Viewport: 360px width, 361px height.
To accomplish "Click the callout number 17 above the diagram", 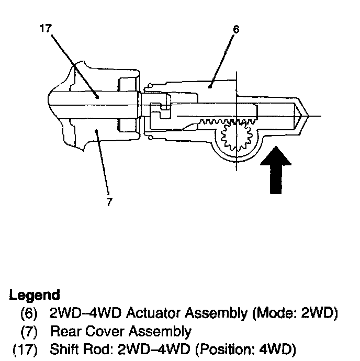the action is tap(46, 28).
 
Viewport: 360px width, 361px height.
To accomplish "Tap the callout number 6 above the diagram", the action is tap(236, 29).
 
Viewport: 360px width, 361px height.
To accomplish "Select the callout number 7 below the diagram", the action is tap(109, 201).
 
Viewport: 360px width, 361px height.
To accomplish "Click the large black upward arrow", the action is tap(276, 170).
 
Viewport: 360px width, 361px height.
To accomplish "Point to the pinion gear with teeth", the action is tap(237, 137).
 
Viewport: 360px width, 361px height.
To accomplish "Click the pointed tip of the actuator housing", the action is tap(308, 116).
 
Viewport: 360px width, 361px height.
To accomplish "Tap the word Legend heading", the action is tap(35, 295).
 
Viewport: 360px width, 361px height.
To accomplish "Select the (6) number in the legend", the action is tap(29, 313).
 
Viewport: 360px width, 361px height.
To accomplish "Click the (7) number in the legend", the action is tap(29, 332).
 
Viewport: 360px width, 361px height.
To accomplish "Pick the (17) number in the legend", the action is tap(25, 349).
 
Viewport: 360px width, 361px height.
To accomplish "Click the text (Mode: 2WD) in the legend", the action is tap(295, 313).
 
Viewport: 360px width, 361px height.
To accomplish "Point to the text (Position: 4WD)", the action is tap(245, 349).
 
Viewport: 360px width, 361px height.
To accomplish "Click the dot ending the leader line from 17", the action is tap(97, 97).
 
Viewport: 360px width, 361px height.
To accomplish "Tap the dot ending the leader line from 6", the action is tap(210, 86).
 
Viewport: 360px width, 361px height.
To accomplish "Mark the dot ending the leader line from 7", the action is tap(96, 131).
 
